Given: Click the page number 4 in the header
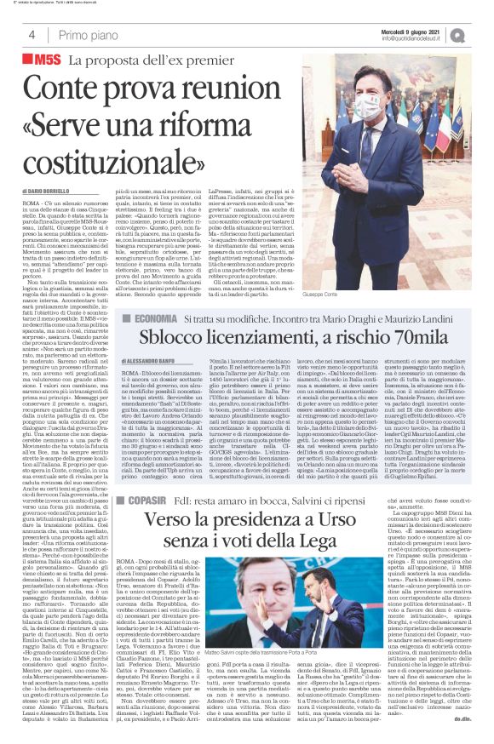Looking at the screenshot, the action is [x=32, y=35].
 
